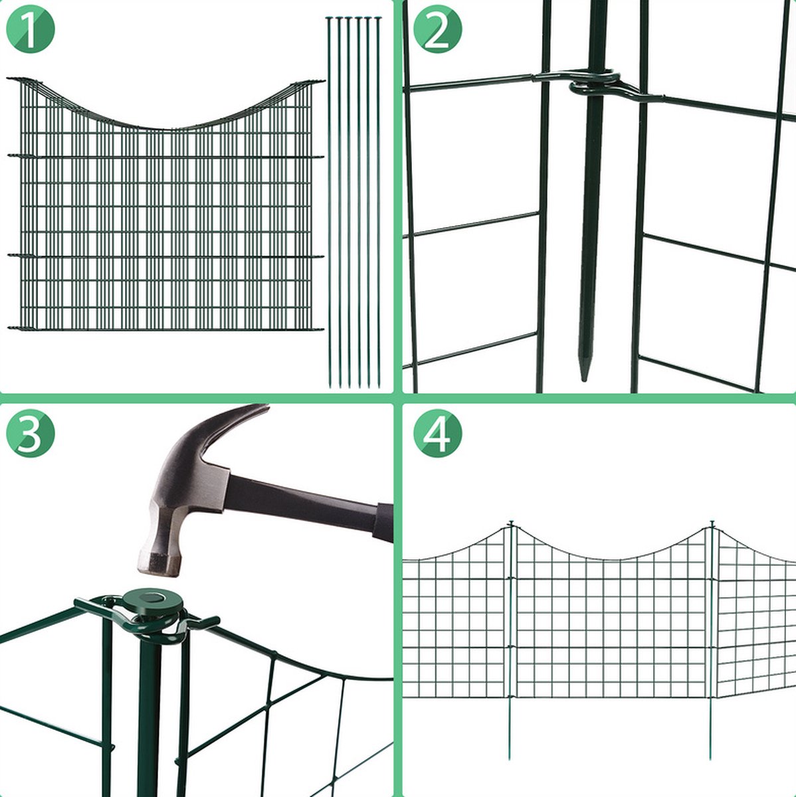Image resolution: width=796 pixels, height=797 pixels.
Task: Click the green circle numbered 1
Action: (x=30, y=29)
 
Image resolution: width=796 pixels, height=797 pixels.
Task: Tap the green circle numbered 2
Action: (x=437, y=29)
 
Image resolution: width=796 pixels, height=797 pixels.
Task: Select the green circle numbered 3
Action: (x=30, y=433)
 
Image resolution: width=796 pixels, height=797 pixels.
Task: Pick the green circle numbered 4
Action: (x=437, y=433)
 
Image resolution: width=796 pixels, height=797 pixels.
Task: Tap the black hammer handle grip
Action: (x=383, y=522)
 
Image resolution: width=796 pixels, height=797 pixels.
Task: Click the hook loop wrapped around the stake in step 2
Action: (x=595, y=83)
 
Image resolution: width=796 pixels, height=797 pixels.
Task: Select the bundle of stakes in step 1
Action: (x=354, y=203)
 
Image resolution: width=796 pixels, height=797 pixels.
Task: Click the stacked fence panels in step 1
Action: (x=165, y=205)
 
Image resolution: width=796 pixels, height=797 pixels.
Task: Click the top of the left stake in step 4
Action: (x=511, y=523)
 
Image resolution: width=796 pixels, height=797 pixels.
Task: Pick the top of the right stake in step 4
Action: (x=712, y=523)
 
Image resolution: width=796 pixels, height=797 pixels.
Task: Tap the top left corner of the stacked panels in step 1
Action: (x=8, y=78)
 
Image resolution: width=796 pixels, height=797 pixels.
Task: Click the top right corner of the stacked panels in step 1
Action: (x=324, y=81)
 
